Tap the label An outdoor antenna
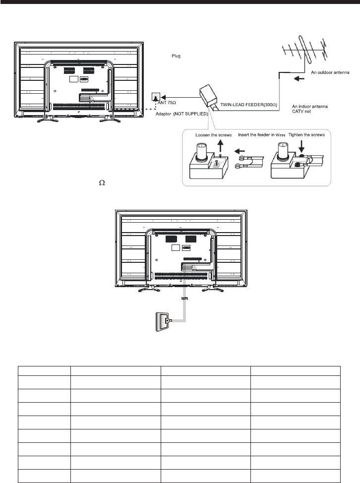click(333, 72)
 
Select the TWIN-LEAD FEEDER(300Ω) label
click(251, 105)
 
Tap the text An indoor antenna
click(322, 107)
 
